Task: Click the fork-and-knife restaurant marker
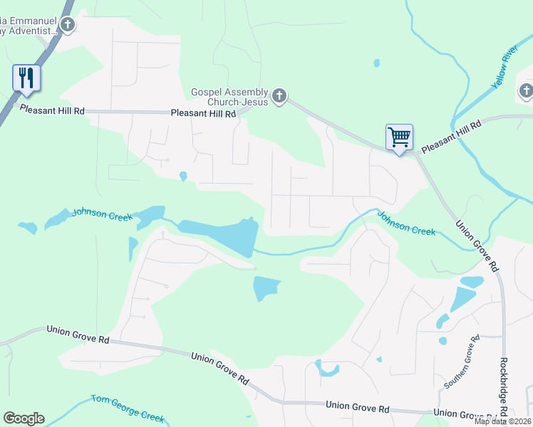click(x=26, y=78)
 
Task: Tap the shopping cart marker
click(x=399, y=137)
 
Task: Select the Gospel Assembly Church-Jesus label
click(x=229, y=97)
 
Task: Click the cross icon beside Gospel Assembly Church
click(x=279, y=95)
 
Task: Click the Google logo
click(x=24, y=418)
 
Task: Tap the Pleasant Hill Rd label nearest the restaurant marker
click(x=52, y=110)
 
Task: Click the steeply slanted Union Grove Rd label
click(x=475, y=244)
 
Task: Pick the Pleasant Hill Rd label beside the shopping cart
click(x=451, y=137)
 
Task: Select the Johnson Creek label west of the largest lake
click(x=102, y=213)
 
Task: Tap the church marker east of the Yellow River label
click(x=526, y=90)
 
